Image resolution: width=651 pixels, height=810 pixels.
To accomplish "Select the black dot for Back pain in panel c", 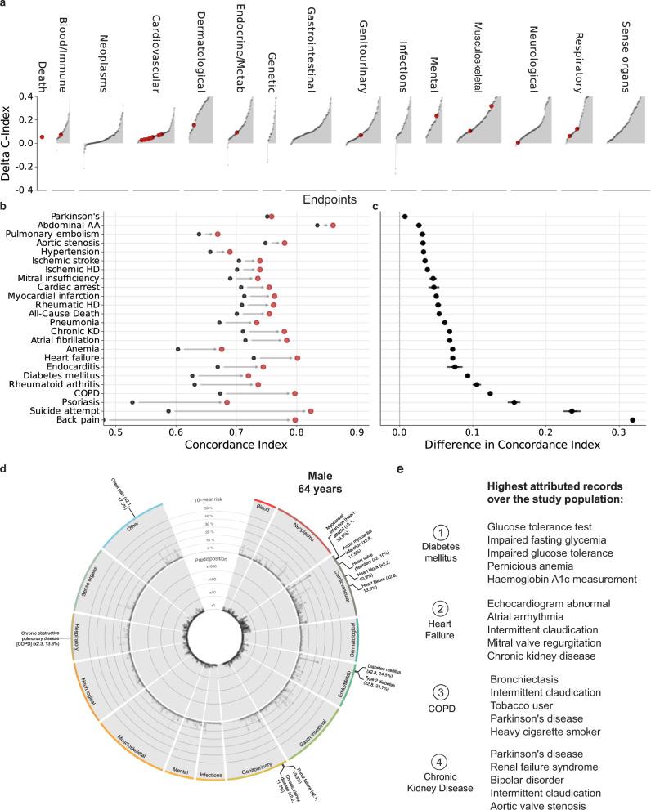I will tap(632, 420).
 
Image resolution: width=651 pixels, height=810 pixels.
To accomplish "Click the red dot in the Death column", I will tap(42, 136).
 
